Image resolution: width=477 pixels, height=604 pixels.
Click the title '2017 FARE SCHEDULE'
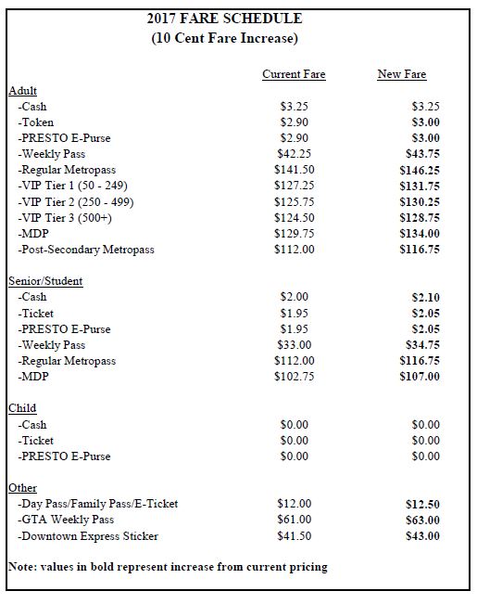pyautogui.click(x=237, y=18)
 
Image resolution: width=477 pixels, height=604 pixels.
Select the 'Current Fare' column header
pyautogui.click(x=294, y=74)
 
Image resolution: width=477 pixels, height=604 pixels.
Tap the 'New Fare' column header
pyautogui.click(x=402, y=74)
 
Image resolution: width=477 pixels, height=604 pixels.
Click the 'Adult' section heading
pyautogui.click(x=22, y=91)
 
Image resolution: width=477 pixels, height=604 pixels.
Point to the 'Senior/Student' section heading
pyautogui.click(x=45, y=281)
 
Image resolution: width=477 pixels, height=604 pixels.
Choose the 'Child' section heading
pyautogui.click(x=22, y=408)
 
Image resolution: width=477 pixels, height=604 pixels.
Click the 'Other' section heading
pyautogui.click(x=22, y=488)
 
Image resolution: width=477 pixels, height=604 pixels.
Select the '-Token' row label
pyautogui.click(x=36, y=122)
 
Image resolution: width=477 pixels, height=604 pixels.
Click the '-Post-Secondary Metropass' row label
pyautogui.click(x=86, y=250)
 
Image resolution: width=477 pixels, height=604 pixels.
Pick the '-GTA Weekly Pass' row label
pyautogui.click(x=66, y=520)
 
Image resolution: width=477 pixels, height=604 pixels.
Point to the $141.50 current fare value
pyautogui.click(x=295, y=170)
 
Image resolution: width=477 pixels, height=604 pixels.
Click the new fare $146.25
pyautogui.click(x=420, y=170)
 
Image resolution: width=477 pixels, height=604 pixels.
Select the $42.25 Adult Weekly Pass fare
pyautogui.click(x=294, y=154)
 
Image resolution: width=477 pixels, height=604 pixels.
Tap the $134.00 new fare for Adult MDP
pyautogui.click(x=420, y=234)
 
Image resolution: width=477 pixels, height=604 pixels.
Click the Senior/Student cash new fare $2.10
pyautogui.click(x=425, y=297)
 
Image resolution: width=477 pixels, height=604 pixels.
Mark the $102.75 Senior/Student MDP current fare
pyautogui.click(x=295, y=377)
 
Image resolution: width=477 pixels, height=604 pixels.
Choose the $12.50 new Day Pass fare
pyautogui.click(x=422, y=504)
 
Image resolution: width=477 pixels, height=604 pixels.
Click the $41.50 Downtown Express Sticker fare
pyautogui.click(x=294, y=536)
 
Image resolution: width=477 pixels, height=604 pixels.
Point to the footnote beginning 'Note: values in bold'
pyautogui.click(x=168, y=566)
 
